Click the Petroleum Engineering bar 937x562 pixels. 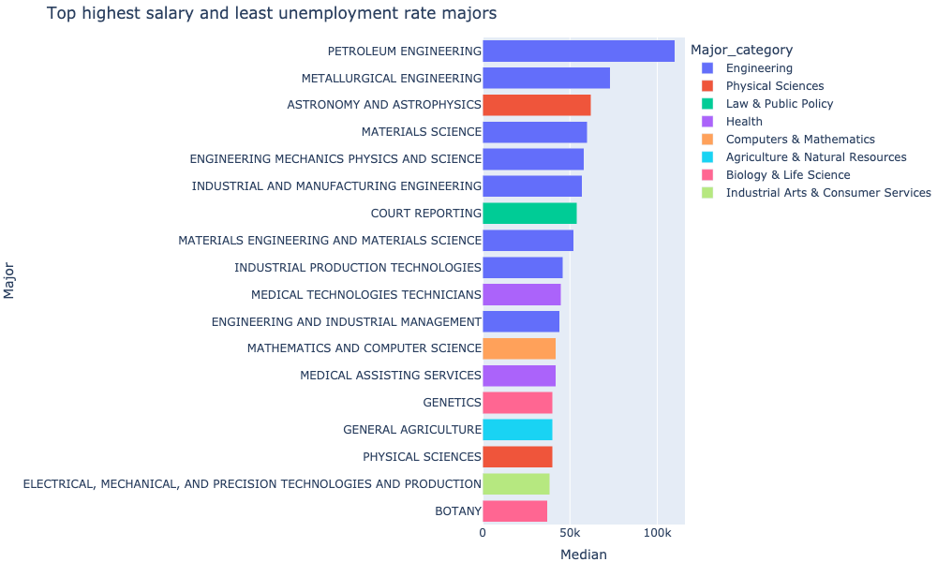578,51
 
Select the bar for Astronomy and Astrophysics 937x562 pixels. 536,105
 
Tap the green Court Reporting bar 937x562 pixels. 529,214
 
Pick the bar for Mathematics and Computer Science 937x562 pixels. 519,348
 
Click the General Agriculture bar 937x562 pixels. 517,430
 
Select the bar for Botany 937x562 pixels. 514,511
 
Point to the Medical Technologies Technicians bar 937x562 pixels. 521,295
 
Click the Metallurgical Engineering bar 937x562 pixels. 545,78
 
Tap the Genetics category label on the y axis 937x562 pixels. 452,403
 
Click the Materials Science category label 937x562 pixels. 421,132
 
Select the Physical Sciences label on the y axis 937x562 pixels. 422,457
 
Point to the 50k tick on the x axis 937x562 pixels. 570,533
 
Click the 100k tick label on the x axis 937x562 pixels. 657,533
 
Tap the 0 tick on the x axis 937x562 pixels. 483,533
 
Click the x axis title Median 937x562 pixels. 583,555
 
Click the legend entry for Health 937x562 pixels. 744,122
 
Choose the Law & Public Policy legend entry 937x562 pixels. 779,104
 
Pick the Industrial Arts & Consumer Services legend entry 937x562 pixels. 827,193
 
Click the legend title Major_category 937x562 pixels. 740,50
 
